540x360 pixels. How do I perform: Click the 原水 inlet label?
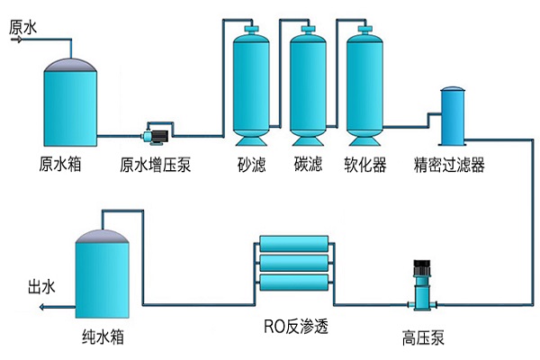pyautogui.click(x=23, y=27)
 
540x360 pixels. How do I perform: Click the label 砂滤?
pyautogui.click(x=252, y=166)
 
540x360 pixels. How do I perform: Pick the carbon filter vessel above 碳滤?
pyautogui.click(x=307, y=85)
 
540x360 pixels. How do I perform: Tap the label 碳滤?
pyautogui.click(x=308, y=166)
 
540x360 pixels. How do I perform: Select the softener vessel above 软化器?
pyautogui.click(x=365, y=85)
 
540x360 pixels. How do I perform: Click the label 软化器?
pyautogui.click(x=365, y=166)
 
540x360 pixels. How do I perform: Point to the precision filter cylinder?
pyautogui.click(x=451, y=118)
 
